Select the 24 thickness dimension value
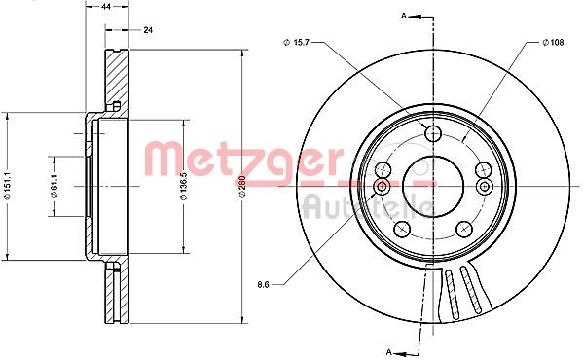click(x=148, y=30)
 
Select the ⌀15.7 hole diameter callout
click(x=296, y=42)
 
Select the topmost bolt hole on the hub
click(x=433, y=134)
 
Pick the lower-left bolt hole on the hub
click(x=402, y=229)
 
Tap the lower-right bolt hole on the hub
click(x=463, y=229)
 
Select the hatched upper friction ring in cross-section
click(x=116, y=73)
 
